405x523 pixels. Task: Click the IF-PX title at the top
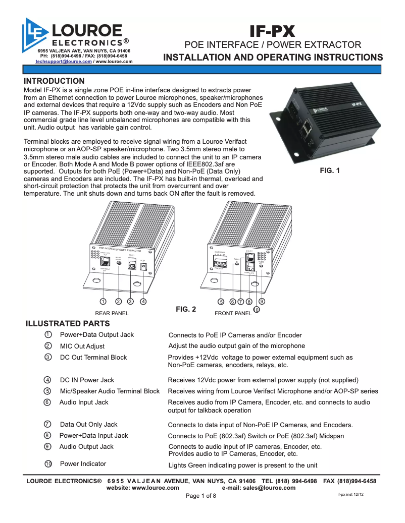click(x=273, y=31)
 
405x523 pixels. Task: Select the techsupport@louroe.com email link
click(x=64, y=61)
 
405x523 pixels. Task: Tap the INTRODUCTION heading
click(x=55, y=81)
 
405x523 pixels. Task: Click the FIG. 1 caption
click(x=330, y=170)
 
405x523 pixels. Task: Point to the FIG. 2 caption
click(x=185, y=309)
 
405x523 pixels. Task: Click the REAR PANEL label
click(x=112, y=313)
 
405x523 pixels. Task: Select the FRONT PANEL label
click(x=233, y=313)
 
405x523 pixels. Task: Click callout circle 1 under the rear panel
click(x=103, y=302)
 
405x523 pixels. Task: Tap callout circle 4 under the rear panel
click(x=143, y=302)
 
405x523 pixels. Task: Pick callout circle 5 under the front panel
click(x=221, y=302)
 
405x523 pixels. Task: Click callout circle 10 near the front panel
click(x=257, y=310)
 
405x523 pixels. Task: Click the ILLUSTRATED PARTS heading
click(x=67, y=323)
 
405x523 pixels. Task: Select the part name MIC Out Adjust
click(x=82, y=346)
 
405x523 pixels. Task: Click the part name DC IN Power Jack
click(x=87, y=380)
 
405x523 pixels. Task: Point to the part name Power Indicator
click(x=83, y=463)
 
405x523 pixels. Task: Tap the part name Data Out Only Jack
click(x=88, y=424)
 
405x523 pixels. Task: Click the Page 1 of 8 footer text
click(x=201, y=496)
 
